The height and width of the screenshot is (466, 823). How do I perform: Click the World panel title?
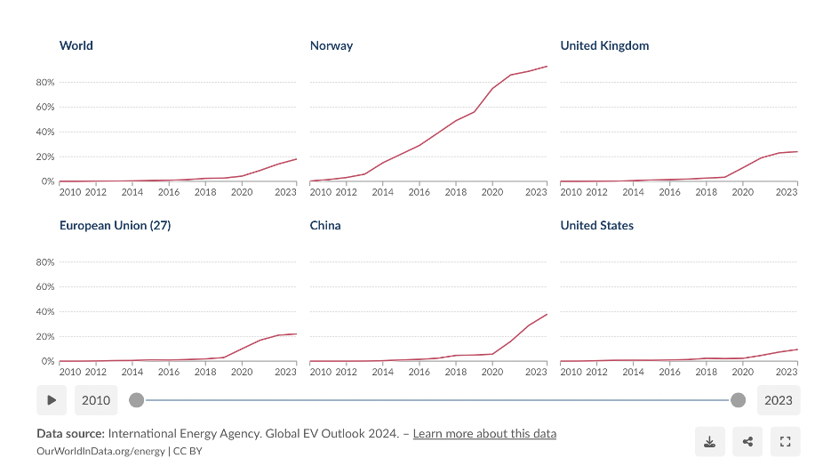(76, 45)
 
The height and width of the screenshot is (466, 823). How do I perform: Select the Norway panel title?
(331, 45)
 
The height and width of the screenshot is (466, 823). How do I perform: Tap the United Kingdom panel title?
(604, 45)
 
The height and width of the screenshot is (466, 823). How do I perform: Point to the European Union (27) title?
(115, 225)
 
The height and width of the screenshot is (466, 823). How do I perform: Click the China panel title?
(325, 225)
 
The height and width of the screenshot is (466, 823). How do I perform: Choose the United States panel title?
(596, 225)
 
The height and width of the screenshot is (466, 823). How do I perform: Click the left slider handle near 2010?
(136, 400)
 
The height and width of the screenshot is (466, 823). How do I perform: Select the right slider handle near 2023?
(738, 400)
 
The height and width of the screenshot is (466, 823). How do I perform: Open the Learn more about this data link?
(484, 434)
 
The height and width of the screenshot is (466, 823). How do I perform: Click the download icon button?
(709, 442)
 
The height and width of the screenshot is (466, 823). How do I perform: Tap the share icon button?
(747, 442)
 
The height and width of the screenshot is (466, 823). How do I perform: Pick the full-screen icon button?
(785, 442)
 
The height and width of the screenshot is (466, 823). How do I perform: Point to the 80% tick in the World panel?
(45, 82)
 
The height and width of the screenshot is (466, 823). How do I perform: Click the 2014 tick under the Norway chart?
(383, 192)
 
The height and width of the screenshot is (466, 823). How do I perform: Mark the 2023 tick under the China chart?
(536, 372)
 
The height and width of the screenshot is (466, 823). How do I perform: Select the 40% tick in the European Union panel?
(45, 312)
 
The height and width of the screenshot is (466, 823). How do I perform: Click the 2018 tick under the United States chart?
(707, 372)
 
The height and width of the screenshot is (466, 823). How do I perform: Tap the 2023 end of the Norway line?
(547, 66)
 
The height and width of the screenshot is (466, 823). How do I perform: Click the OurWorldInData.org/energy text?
(100, 451)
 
